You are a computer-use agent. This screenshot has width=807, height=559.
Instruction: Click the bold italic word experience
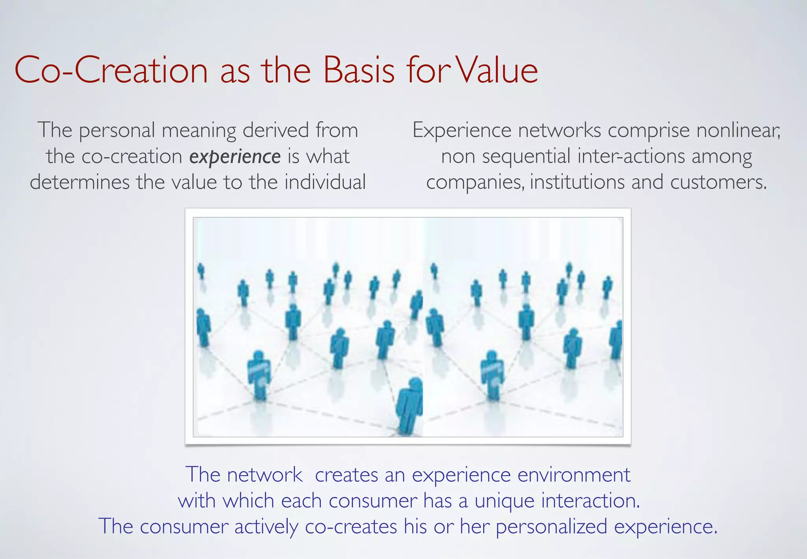235,157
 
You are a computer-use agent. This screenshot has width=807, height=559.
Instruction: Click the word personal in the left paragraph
117,131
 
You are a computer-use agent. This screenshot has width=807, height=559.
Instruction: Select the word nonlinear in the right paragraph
738,130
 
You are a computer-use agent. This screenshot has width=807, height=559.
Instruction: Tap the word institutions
577,182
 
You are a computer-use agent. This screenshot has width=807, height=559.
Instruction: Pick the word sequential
526,157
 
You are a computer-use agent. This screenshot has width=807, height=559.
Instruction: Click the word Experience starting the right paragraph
461,131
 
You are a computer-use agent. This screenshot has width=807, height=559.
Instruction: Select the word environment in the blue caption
574,475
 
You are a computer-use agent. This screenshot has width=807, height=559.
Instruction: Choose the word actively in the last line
266,527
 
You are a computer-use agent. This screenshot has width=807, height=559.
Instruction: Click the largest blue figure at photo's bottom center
410,406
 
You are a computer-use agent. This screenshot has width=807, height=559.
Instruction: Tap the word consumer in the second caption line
373,501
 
